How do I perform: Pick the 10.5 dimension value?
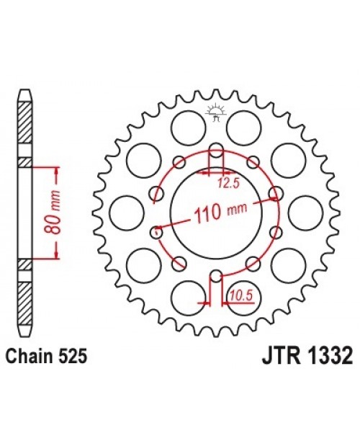pos(239,293)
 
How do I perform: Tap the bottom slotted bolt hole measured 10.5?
pos(215,273)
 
